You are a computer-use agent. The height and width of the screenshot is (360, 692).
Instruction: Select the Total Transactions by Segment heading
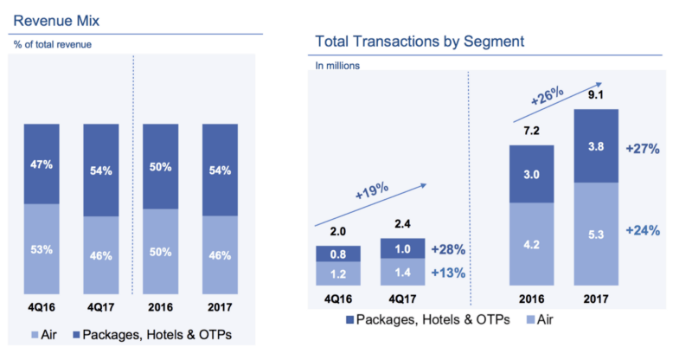(x=420, y=41)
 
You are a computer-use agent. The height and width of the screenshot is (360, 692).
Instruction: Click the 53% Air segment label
(x=41, y=251)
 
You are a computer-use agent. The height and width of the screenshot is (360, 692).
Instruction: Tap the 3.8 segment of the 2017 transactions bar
(x=595, y=146)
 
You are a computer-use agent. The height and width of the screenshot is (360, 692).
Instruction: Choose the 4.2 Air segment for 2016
(x=530, y=245)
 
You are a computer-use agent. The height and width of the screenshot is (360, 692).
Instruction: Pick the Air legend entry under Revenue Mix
(x=42, y=333)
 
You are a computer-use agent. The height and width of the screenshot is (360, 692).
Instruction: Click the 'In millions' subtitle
(x=337, y=64)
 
